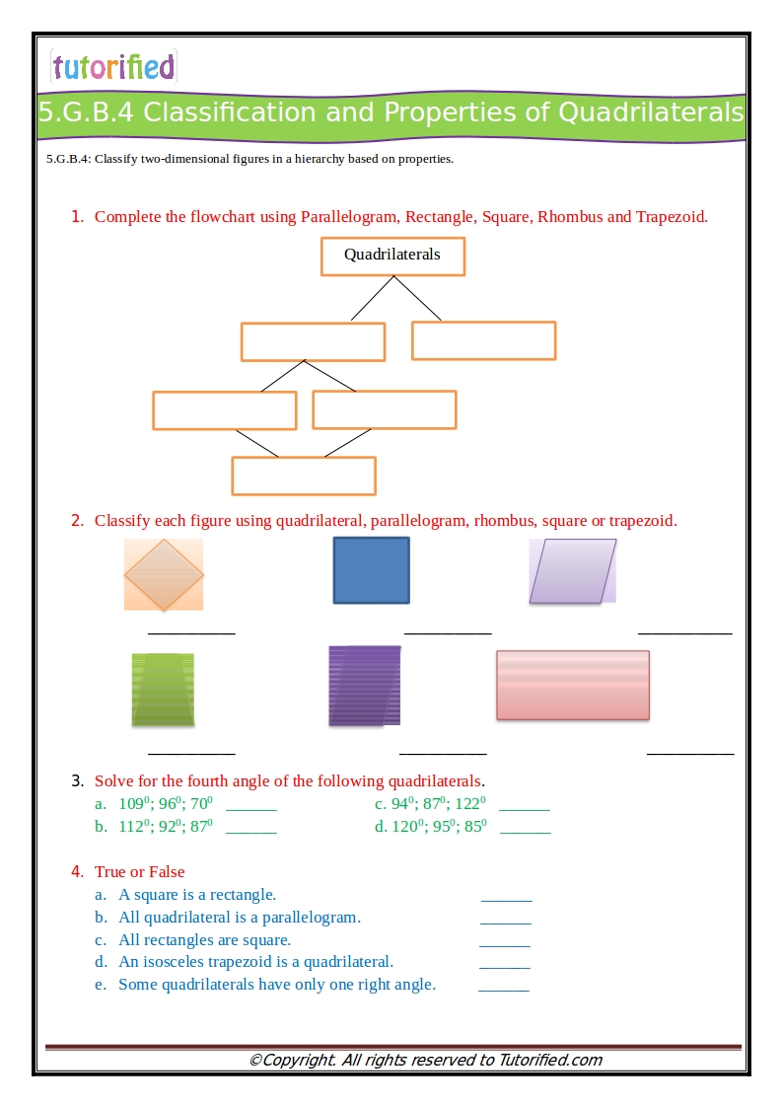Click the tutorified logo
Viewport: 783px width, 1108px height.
pos(113,67)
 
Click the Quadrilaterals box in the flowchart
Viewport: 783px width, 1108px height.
pos(392,256)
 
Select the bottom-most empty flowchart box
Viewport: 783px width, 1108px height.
pos(304,476)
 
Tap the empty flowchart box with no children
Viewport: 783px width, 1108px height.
pos(483,340)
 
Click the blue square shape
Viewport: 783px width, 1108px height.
pos(371,570)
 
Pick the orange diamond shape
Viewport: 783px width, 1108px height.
pos(164,574)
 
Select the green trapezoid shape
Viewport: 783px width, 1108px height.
pos(163,690)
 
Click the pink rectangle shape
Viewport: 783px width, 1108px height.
pos(572,685)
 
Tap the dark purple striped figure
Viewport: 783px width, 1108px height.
pos(364,687)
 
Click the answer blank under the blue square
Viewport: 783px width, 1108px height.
pos(448,631)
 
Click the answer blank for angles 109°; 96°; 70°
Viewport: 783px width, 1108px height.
pos(251,807)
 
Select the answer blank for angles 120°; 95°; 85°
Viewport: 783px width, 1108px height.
pos(526,831)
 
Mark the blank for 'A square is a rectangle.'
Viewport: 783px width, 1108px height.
pos(506,898)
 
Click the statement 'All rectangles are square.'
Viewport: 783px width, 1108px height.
pos(204,940)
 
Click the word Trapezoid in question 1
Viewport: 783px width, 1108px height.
pos(671,217)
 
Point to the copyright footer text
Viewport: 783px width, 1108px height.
pos(425,1061)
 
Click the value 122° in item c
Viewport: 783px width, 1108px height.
pos(470,804)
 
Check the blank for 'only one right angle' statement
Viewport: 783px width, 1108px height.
pos(503,988)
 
